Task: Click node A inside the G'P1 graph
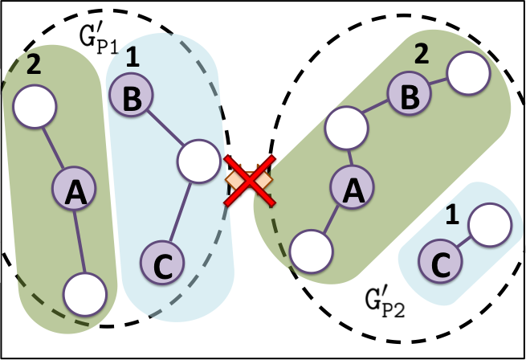click(x=75, y=190)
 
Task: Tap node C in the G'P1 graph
click(x=163, y=262)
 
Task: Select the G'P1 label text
click(x=98, y=35)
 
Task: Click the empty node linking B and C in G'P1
click(x=198, y=161)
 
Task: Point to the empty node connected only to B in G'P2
click(x=468, y=76)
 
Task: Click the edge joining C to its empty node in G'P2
click(x=461, y=243)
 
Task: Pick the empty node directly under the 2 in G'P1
click(x=34, y=106)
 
